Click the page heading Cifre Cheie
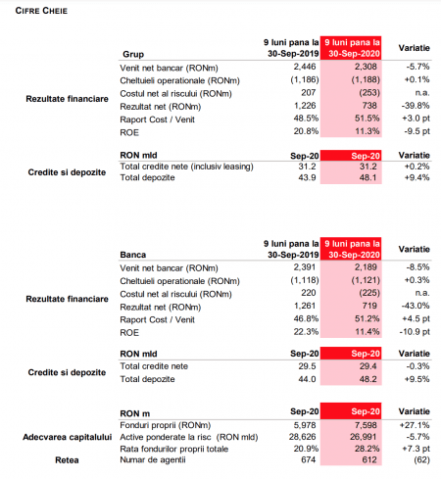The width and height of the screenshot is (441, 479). coord(41,11)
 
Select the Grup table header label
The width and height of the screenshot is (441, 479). coord(133,54)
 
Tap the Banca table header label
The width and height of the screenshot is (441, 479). coord(133,255)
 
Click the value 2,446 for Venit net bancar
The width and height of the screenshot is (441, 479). coord(305,67)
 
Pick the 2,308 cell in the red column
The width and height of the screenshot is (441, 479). coord(366,67)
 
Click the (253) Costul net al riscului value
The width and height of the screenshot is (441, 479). coord(369,93)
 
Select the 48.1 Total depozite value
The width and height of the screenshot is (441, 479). coord(368,177)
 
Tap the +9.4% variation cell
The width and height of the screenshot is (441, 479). coord(417,177)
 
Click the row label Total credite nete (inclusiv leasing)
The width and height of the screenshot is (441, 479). coord(186,167)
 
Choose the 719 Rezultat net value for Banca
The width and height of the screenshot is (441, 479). coord(369,306)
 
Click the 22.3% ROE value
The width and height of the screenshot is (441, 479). coord(306,332)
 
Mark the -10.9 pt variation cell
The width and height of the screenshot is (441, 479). coord(415,332)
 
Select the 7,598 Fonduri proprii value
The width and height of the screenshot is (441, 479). coord(366,425)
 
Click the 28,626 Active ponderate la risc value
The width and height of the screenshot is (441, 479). coord(303,437)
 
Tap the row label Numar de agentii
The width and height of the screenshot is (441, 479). coord(153,460)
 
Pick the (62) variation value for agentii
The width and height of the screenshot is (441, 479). coord(421,460)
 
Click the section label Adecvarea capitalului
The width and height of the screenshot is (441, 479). coord(68,437)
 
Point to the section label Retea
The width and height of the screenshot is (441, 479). coord(67,460)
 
